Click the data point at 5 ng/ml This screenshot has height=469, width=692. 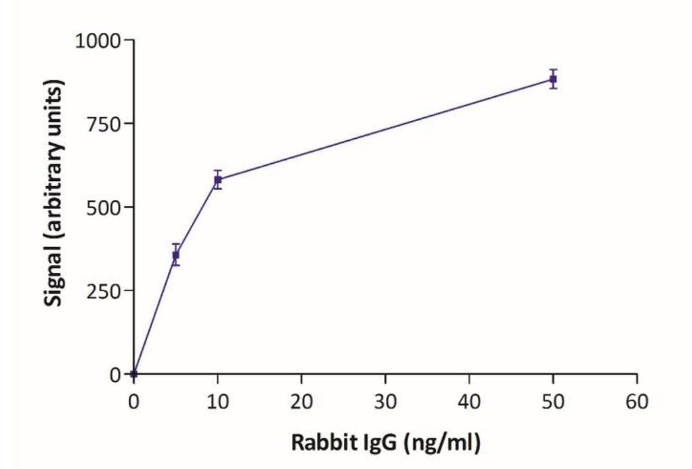click(x=176, y=255)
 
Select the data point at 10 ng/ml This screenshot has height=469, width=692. click(x=217, y=180)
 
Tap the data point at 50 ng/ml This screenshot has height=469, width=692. click(x=554, y=79)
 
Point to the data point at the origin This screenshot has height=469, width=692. click(x=134, y=373)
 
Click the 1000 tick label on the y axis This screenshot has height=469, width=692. click(x=97, y=41)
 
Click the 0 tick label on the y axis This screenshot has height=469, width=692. click(x=115, y=374)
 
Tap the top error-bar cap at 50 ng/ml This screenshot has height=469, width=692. click(x=554, y=69)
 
